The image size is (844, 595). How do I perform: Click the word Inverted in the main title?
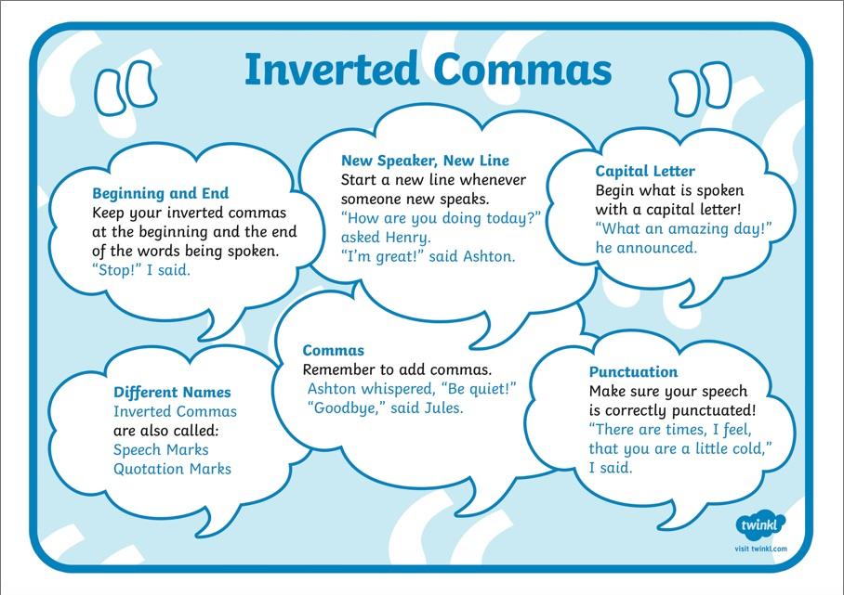pos(332,69)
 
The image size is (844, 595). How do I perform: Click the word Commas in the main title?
pos(522,70)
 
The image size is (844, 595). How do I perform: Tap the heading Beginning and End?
pos(161,193)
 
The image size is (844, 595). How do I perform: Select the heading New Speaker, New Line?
pos(425,161)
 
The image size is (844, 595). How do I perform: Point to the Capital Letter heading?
pos(645,171)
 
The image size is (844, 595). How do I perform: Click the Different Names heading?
pos(172,393)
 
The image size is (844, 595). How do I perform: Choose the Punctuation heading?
pos(634,372)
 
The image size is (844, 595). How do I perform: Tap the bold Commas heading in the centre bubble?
pos(333,351)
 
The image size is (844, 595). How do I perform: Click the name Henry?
pos(409,238)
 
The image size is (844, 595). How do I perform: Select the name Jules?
pos(443,407)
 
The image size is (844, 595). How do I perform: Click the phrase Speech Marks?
pos(161,450)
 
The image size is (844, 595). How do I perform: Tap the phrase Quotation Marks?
pos(172,470)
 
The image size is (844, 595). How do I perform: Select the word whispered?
pos(399,389)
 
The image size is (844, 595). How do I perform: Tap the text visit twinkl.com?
pos(760,549)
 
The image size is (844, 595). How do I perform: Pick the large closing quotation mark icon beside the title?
pos(700,89)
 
